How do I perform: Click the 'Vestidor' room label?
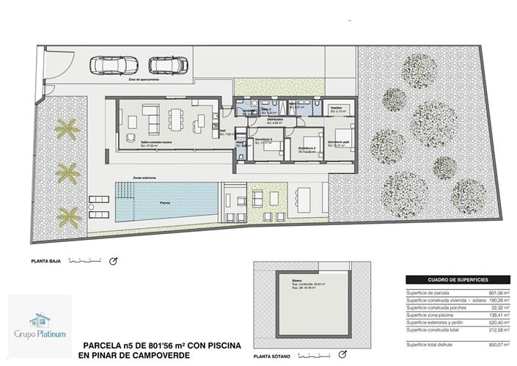pos(337,107)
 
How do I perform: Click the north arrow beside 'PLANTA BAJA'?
pos(114,261)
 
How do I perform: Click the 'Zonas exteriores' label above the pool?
pos(128,177)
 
